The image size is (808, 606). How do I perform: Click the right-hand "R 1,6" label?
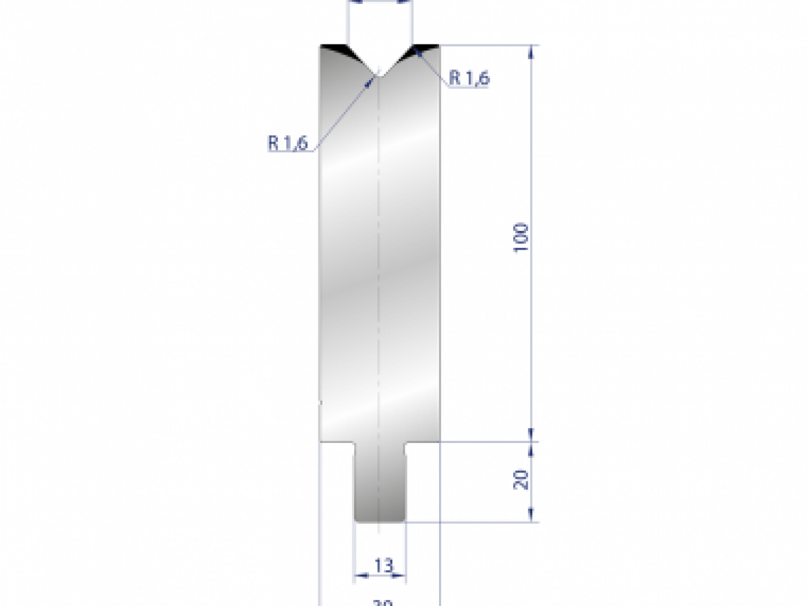pos(469,78)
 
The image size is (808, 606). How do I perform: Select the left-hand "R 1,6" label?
pos(288,142)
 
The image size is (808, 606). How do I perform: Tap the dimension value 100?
pos(522,236)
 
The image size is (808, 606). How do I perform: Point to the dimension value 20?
pos(522,479)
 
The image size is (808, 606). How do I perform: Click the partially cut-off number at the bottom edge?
pos(382,603)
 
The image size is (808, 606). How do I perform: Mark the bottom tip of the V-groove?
pos(380,76)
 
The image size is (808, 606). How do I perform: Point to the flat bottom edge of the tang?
pos(380,520)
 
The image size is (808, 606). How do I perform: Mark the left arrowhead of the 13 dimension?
pos(359,576)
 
